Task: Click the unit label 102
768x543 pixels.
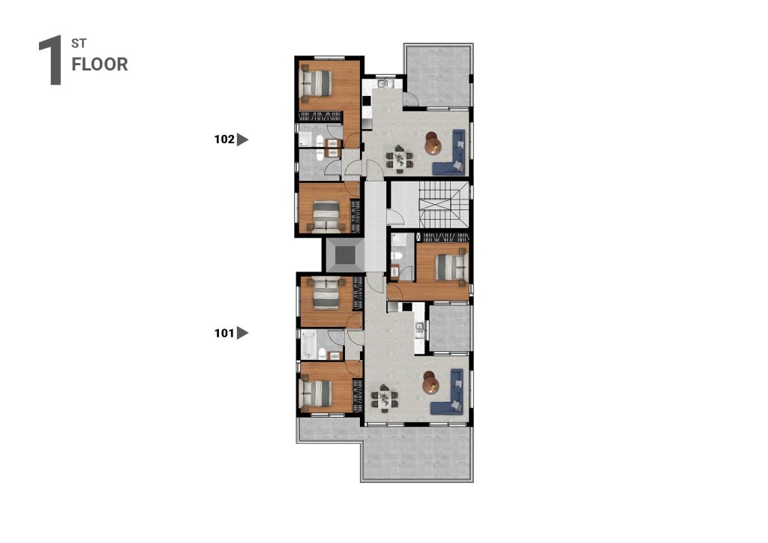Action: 224,139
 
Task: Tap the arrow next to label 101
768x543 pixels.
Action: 242,333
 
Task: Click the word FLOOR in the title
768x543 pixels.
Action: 100,64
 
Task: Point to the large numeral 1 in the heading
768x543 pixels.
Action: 51,60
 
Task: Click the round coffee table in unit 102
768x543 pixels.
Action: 433,143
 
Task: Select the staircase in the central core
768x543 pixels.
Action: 444,205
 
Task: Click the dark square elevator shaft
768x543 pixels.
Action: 345,254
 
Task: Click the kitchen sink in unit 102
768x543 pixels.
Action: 383,82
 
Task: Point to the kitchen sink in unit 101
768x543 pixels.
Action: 419,327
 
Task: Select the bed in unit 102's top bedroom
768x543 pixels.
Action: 316,82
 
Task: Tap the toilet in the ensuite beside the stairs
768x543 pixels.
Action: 397,256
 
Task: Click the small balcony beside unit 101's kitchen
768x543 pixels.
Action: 449,328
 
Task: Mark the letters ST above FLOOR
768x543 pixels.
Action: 79,43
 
